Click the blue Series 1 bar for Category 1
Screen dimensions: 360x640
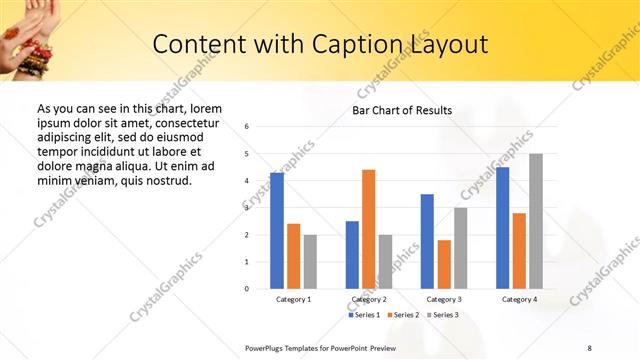[x=277, y=231]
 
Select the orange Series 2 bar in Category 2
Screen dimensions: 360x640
[x=368, y=229]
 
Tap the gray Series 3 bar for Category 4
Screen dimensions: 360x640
[x=536, y=221]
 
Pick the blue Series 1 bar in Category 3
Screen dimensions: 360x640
[x=427, y=241]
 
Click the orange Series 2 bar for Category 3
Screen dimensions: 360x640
[x=444, y=264]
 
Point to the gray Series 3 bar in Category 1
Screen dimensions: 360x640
[x=310, y=262]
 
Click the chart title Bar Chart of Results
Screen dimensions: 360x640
[x=402, y=110]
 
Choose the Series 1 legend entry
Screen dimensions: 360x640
[x=365, y=315]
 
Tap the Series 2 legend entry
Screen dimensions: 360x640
[x=401, y=315]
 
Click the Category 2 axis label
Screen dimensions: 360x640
[x=368, y=300]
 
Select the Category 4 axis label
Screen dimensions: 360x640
[x=519, y=300]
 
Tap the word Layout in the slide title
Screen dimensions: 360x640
[x=448, y=45]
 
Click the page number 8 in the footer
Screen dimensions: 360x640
[x=589, y=347]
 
